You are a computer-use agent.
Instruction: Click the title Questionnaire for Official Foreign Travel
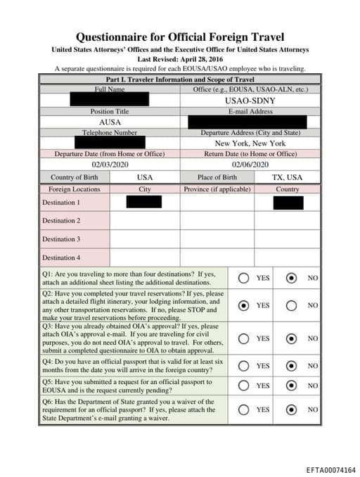click(x=180, y=37)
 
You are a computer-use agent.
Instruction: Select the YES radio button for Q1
click(x=243, y=278)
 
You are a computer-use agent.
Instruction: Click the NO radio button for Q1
click(x=291, y=278)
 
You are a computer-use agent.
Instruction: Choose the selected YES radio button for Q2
click(x=243, y=305)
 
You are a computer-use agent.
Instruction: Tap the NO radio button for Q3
click(x=291, y=338)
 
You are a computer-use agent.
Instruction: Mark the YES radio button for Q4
click(x=243, y=366)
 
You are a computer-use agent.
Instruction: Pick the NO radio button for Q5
click(x=291, y=386)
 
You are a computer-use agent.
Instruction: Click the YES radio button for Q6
click(x=243, y=409)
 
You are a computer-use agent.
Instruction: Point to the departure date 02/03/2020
click(x=110, y=164)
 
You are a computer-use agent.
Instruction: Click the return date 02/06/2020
click(x=250, y=164)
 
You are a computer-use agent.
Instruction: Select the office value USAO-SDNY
click(x=250, y=101)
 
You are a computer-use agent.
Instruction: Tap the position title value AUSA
click(x=110, y=122)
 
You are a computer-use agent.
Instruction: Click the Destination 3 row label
click(x=61, y=239)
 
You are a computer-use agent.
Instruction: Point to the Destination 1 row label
click(x=61, y=203)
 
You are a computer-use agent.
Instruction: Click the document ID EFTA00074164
click(x=330, y=469)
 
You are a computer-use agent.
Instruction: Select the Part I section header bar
click(x=180, y=80)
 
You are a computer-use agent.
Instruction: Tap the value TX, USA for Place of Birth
click(x=287, y=177)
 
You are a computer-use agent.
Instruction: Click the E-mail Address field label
click(x=250, y=112)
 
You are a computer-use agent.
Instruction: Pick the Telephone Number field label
click(x=110, y=132)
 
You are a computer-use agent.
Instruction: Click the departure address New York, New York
click(x=250, y=144)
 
